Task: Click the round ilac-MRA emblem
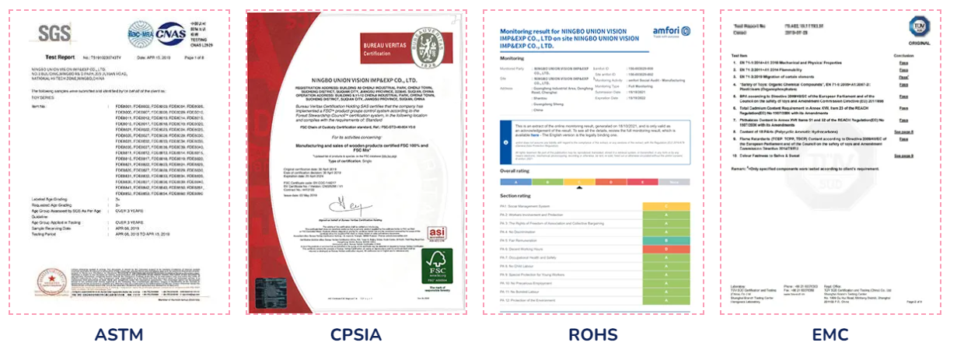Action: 141,33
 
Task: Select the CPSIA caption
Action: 356,336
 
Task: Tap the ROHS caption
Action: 593,336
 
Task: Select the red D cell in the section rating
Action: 665,249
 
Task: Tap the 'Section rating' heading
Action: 517,195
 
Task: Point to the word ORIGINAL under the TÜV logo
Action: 918,43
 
